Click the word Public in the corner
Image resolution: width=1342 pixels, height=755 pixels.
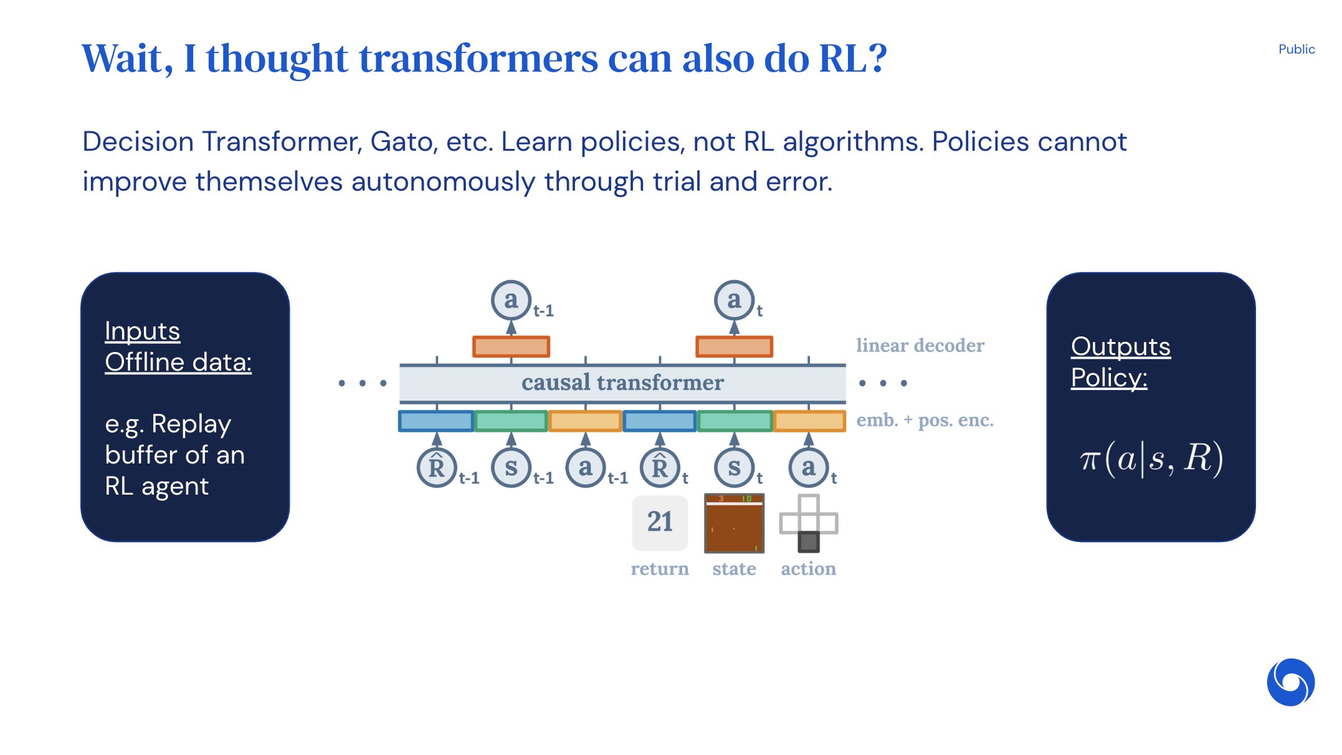click(1296, 49)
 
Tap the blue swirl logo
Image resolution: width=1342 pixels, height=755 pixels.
click(1290, 681)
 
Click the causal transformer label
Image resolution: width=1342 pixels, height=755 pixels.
click(622, 382)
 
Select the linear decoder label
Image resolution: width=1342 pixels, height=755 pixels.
click(920, 346)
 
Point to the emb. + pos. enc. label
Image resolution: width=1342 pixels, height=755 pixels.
click(925, 420)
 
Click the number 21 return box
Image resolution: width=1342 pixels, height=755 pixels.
click(660, 522)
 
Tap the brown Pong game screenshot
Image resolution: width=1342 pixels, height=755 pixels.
click(734, 523)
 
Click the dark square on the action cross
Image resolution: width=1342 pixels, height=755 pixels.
click(809, 541)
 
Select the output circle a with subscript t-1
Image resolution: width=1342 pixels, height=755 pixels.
click(511, 300)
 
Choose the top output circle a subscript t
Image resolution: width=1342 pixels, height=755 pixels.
click(734, 300)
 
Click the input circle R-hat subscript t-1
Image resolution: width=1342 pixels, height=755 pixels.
click(437, 468)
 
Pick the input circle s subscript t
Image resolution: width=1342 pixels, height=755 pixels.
click(734, 468)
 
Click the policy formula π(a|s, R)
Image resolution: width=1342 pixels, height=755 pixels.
click(1151, 459)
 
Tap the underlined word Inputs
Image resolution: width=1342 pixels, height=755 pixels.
click(142, 331)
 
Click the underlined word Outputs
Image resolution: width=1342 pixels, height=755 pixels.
click(1120, 346)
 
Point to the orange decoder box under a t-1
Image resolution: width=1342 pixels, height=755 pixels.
click(511, 346)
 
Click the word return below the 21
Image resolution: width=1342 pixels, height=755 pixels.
click(660, 569)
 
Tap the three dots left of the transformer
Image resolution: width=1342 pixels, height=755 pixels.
click(362, 383)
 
